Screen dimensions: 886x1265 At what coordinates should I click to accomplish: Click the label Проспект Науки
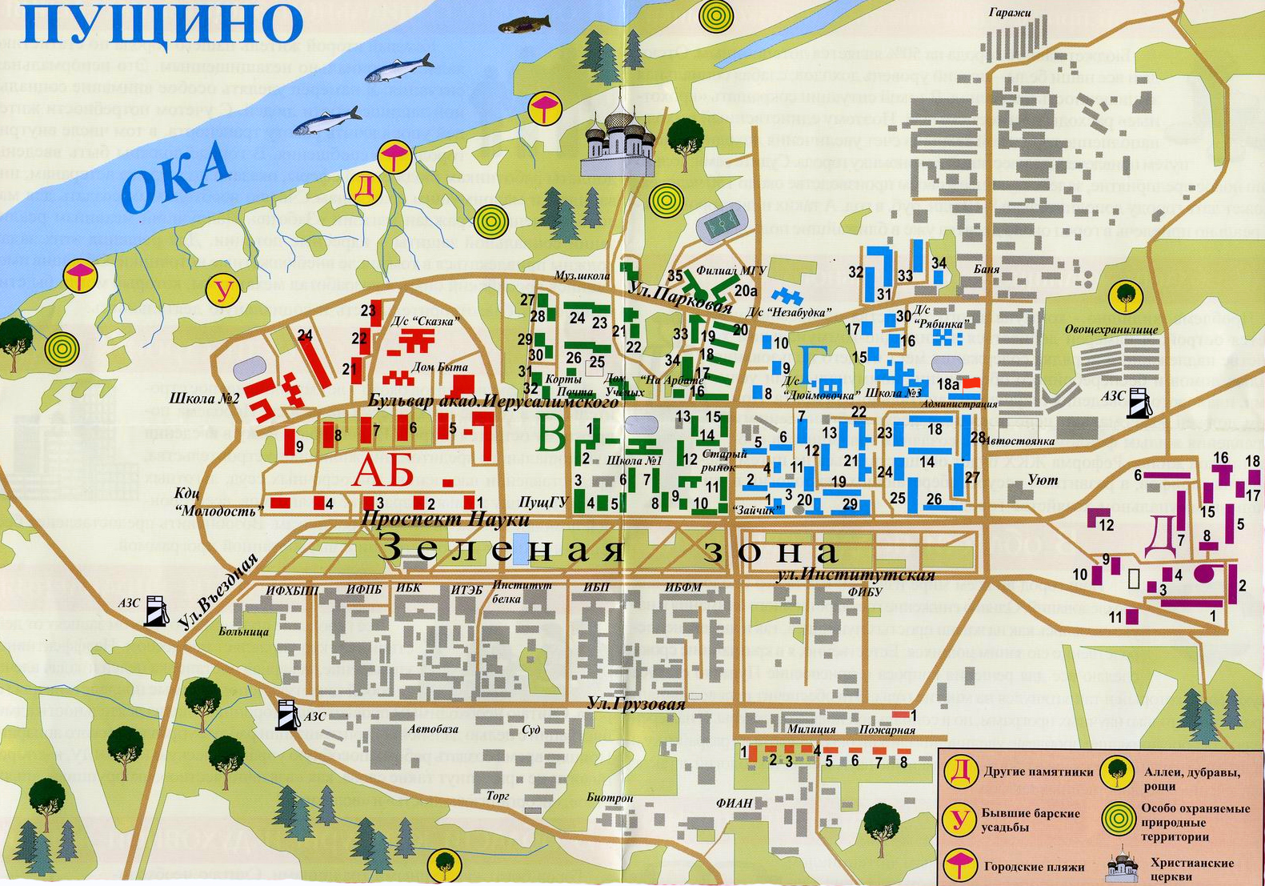[x=445, y=519]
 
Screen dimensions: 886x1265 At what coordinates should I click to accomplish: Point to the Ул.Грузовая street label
[x=636, y=704]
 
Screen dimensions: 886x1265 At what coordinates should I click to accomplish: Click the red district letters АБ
[x=383, y=471]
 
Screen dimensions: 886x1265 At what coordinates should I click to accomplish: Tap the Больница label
[x=243, y=631]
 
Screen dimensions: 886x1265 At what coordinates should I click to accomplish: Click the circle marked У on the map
[x=223, y=290]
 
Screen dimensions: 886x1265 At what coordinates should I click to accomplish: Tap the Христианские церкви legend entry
[x=1192, y=869]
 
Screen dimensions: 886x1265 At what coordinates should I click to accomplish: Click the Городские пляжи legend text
[x=1034, y=867]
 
